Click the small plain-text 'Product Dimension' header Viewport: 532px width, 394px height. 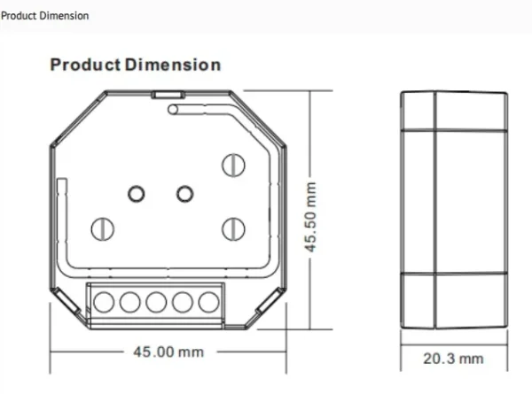click(45, 16)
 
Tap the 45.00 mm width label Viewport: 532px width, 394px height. click(168, 352)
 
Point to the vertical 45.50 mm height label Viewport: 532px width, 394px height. click(311, 218)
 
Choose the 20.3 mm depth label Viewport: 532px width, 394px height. click(453, 358)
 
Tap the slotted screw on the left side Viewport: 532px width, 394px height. click(103, 228)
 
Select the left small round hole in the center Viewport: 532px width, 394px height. click(137, 193)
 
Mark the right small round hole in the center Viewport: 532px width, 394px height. click(184, 193)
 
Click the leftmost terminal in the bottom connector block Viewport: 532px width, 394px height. click(104, 301)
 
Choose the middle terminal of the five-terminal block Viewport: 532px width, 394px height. click(156, 301)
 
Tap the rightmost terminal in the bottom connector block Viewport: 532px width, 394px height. click(208, 301)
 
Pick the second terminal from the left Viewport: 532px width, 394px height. click(129, 301)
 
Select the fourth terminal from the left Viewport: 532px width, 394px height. click(183, 301)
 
